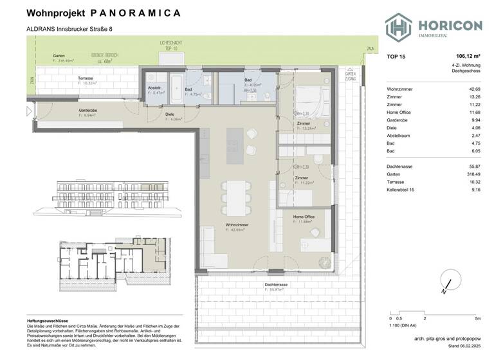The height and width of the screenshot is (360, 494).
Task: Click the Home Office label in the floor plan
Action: pyautogui.click(x=304, y=217)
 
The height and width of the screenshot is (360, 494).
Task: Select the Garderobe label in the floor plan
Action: pyautogui.click(x=88, y=110)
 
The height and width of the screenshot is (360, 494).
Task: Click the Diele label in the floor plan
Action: pyautogui.click(x=170, y=115)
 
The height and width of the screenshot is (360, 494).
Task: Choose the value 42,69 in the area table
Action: pyautogui.click(x=475, y=89)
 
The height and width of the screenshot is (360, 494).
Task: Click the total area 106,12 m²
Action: pyautogui.click(x=468, y=57)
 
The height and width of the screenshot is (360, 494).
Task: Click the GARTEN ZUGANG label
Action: pyautogui.click(x=350, y=76)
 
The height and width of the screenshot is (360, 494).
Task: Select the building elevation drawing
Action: pyautogui.click(x=109, y=194)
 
